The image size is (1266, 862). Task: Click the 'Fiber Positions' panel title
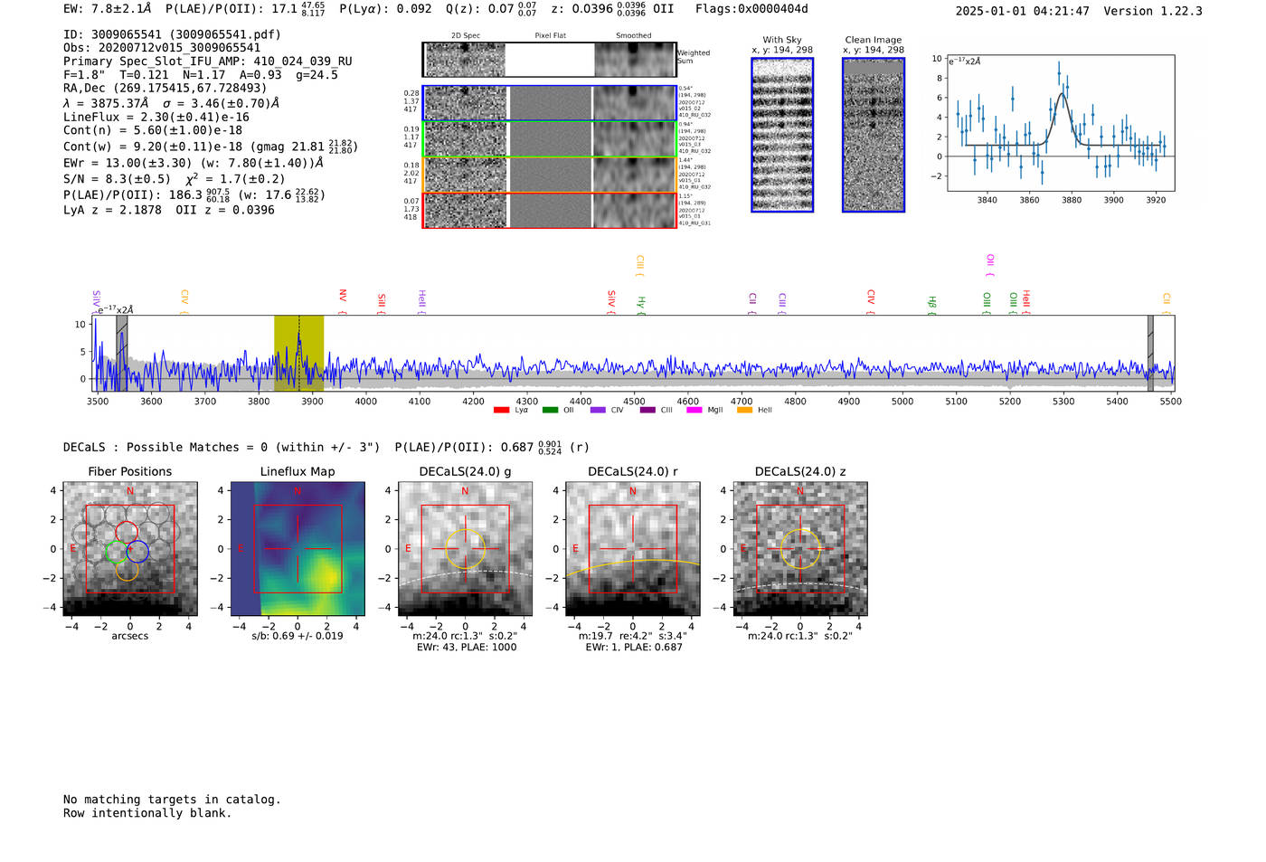(129, 471)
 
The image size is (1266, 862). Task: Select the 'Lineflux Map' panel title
(298, 471)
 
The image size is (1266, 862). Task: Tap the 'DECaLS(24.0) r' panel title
(632, 471)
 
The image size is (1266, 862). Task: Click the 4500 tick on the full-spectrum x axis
(634, 402)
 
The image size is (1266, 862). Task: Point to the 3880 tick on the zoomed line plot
(1072, 200)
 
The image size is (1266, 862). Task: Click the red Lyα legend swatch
(501, 411)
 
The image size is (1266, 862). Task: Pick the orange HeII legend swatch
(744, 411)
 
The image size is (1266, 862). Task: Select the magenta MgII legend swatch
(694, 411)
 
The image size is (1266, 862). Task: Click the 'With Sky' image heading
(782, 40)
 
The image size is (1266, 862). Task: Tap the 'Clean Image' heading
(874, 40)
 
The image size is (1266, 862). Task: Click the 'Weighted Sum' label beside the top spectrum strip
(694, 57)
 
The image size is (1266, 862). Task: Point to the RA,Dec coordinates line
(165, 88)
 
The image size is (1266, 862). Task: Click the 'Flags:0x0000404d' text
(751, 9)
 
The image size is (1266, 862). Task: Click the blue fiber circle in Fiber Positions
(137, 551)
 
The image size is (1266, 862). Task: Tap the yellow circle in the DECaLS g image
(466, 549)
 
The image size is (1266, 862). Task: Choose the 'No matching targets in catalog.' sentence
(172, 800)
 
